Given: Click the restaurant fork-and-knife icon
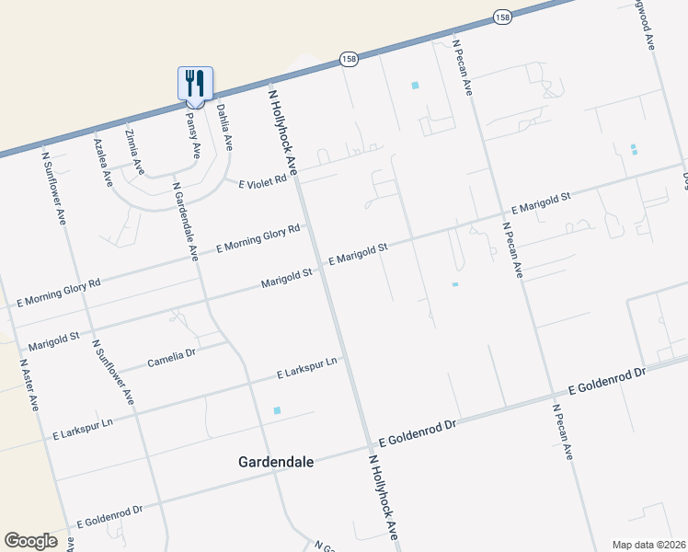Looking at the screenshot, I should [x=195, y=83].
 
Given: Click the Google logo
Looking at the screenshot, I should [x=30, y=541].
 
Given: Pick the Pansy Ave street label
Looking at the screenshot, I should [x=192, y=135].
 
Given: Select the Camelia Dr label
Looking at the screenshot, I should [x=172, y=359].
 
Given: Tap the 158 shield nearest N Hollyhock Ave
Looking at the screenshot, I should [x=349, y=58].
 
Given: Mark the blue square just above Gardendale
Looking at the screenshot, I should [x=277, y=409].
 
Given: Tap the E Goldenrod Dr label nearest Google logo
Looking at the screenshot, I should [x=109, y=516].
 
